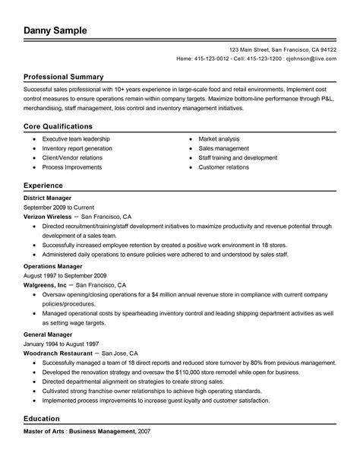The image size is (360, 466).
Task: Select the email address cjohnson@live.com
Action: click(310, 58)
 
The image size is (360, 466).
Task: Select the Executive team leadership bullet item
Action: click(76, 139)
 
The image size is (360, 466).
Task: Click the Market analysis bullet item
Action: click(219, 139)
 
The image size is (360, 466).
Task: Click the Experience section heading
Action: click(43, 185)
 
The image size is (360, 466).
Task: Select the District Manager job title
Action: click(49, 198)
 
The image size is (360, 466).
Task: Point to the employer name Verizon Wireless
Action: click(49, 216)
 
